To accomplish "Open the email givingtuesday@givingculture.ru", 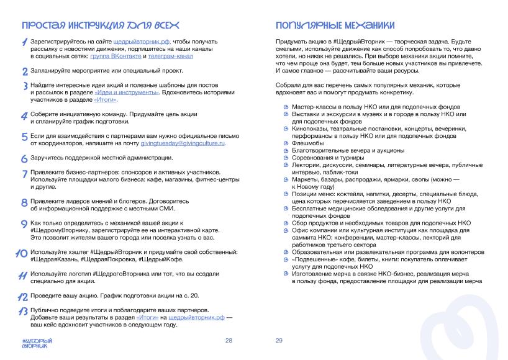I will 183,143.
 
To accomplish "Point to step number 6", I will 24,158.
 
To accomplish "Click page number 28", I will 229,341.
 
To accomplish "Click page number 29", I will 279,341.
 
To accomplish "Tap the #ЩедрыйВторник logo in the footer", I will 37,343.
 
